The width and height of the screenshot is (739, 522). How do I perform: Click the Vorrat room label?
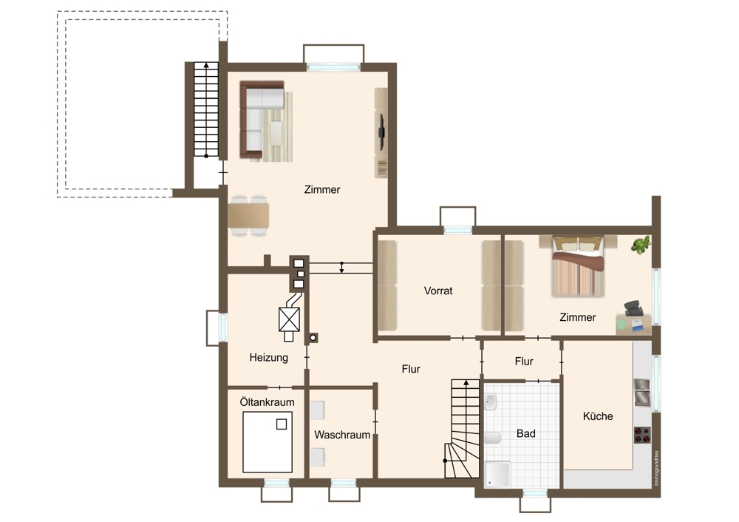[x=437, y=291]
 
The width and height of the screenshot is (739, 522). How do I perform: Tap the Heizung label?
[x=269, y=357]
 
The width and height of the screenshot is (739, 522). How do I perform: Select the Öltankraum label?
[x=267, y=402]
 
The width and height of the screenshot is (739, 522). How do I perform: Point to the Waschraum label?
[x=342, y=435]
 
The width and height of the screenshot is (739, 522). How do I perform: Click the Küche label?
[x=598, y=416]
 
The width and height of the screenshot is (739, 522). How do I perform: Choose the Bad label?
[x=526, y=433]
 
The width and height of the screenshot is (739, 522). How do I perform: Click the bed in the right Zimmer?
[x=578, y=266]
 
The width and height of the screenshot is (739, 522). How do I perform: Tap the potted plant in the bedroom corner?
[x=641, y=245]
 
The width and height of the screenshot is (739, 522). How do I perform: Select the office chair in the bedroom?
[x=634, y=308]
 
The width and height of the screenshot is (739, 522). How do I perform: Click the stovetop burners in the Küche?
[x=642, y=435]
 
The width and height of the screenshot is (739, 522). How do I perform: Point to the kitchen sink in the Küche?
[x=642, y=393]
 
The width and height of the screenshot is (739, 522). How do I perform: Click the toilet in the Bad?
[x=492, y=438]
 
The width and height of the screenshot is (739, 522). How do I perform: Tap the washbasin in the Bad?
[x=491, y=402]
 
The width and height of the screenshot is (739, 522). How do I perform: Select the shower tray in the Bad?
[x=497, y=474]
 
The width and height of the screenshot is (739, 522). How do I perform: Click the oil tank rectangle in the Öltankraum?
[x=268, y=442]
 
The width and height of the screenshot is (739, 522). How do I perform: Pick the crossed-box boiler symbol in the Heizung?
[x=290, y=319]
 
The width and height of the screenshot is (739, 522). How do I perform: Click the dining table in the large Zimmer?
[x=248, y=215]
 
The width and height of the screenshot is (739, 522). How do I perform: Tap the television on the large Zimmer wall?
[x=381, y=132]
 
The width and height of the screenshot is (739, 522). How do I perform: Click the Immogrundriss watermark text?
[x=656, y=468]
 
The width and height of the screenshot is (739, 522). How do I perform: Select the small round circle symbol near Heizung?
[x=313, y=338]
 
